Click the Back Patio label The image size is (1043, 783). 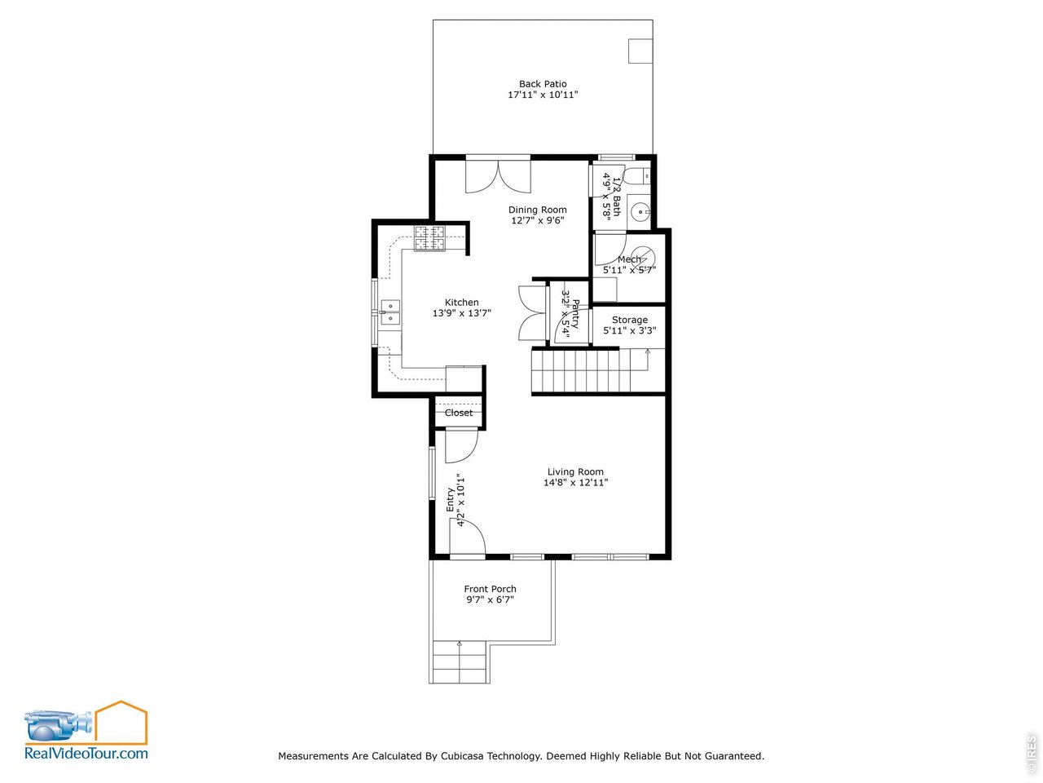point(543,84)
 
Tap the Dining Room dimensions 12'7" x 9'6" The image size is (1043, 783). point(537,220)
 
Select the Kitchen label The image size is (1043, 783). point(461,303)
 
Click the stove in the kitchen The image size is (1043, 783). point(429,238)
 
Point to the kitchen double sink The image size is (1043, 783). point(390,312)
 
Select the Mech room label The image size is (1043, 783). point(629,259)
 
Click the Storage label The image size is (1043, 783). point(630,321)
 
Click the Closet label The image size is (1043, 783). point(459,413)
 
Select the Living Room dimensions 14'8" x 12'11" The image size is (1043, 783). point(575,483)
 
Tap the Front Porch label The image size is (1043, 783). point(490,589)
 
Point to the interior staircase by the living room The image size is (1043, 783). point(587,371)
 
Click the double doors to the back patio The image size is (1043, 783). point(498,175)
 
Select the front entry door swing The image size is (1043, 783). point(467,538)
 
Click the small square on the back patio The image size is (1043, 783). point(640,51)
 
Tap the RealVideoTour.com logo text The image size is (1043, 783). point(86,753)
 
